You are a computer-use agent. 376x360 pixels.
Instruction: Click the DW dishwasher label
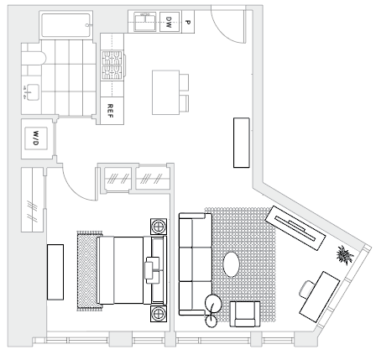(x=169, y=22)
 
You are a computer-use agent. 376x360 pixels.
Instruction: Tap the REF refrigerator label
(x=110, y=111)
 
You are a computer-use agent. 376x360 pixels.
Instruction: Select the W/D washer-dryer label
(x=35, y=138)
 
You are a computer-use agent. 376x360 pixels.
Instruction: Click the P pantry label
(x=188, y=22)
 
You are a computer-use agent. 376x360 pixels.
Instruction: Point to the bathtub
(x=66, y=25)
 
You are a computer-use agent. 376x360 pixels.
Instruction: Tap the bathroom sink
(x=30, y=92)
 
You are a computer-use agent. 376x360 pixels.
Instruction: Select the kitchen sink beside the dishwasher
(x=145, y=22)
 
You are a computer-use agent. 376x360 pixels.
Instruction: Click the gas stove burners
(x=112, y=65)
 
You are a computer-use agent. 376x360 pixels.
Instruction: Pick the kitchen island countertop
(x=165, y=92)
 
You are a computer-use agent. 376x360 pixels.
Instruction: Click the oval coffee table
(x=232, y=264)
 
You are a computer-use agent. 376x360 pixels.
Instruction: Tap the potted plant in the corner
(x=345, y=255)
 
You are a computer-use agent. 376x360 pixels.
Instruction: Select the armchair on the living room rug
(x=244, y=314)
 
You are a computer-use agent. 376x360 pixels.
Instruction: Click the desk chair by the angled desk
(x=307, y=290)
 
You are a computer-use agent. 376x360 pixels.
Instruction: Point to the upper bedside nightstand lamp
(x=159, y=227)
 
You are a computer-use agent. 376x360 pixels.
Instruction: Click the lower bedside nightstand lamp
(x=159, y=314)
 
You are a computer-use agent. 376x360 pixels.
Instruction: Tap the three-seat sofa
(x=196, y=264)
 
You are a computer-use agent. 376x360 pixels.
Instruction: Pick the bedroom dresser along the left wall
(x=55, y=272)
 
